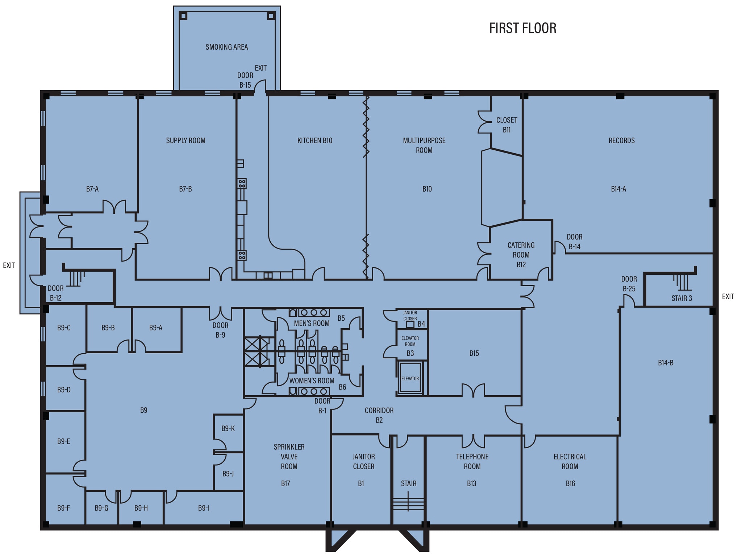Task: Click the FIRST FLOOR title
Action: point(522,28)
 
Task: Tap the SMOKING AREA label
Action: point(226,47)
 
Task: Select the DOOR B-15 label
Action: point(245,80)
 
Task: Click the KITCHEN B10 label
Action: point(314,141)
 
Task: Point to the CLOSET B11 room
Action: point(507,125)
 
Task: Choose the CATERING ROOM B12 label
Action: point(521,255)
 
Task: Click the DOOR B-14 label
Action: point(574,242)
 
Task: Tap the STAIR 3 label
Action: point(681,298)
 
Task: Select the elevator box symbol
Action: point(410,378)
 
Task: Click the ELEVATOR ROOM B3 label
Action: point(410,346)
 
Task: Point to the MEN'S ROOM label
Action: point(312,323)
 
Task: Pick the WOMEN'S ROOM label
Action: point(312,381)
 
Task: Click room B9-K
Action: point(228,429)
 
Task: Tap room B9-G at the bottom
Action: point(101,508)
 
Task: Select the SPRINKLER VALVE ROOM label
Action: point(289,457)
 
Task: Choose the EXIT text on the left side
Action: point(9,265)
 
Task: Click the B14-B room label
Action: point(666,363)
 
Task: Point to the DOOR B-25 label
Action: point(629,284)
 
